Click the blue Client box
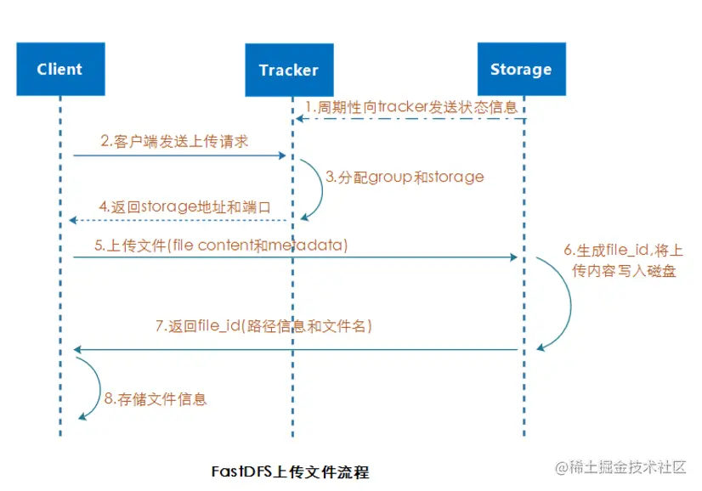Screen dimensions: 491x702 [x=59, y=69]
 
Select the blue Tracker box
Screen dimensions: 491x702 [x=288, y=70]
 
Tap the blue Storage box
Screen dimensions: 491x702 [x=520, y=70]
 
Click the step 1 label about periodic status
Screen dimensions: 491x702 [x=413, y=108]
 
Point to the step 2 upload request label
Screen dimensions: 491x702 [x=173, y=142]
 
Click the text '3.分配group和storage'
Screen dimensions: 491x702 [x=405, y=178]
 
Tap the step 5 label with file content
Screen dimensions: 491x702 [x=222, y=245]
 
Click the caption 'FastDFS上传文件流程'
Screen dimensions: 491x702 [x=290, y=470]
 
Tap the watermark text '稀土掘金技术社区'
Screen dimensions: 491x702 [x=628, y=467]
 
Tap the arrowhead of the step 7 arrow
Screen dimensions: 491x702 [x=77, y=349]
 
